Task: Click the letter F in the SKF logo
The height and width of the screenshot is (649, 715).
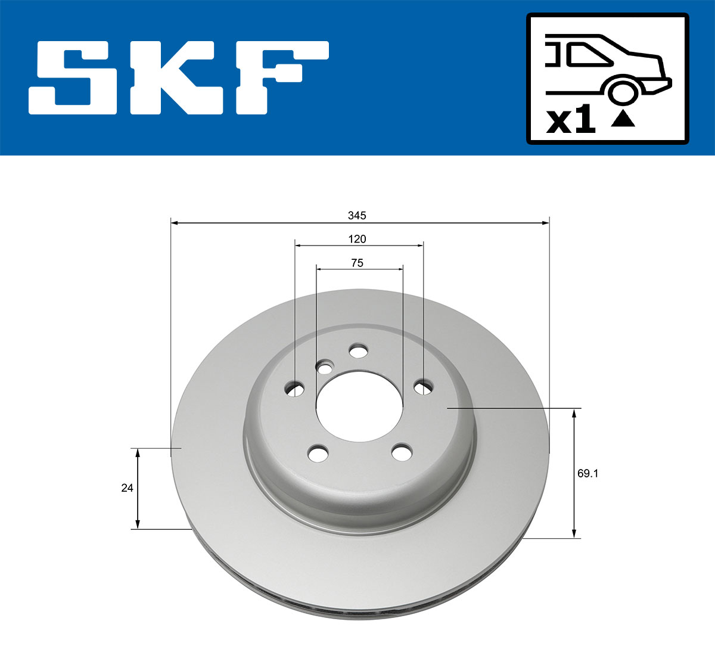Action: pyautogui.click(x=280, y=78)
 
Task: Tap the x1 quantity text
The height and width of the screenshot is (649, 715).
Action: pyautogui.click(x=571, y=121)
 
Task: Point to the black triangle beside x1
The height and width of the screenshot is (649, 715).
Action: pyautogui.click(x=623, y=119)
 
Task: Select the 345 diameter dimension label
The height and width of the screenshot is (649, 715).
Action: pyautogui.click(x=357, y=215)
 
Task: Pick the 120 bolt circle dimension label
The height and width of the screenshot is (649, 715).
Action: pyautogui.click(x=357, y=239)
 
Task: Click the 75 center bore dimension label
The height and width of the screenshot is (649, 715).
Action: pyautogui.click(x=357, y=263)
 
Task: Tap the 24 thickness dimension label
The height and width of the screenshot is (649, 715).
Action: pyautogui.click(x=127, y=487)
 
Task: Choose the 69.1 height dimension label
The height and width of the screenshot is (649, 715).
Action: pyautogui.click(x=587, y=474)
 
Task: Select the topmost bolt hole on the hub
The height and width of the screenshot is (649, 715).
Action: pyautogui.click(x=358, y=351)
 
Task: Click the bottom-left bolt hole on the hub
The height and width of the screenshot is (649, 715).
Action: pyautogui.click(x=318, y=454)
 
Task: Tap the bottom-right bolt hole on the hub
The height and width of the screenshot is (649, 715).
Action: pyautogui.click(x=402, y=452)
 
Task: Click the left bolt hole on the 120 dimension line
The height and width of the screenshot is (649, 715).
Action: pyautogui.click(x=295, y=389)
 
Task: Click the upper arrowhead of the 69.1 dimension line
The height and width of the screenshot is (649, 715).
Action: pyautogui.click(x=574, y=413)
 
